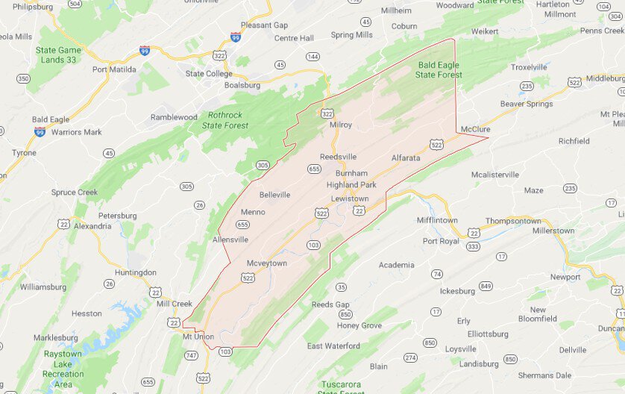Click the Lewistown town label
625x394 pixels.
(350, 198)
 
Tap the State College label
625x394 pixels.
(209, 73)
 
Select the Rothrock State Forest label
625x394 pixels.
(232, 121)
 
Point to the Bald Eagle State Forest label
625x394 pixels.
(439, 70)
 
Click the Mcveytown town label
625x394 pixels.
(266, 263)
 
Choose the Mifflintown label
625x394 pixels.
(436, 220)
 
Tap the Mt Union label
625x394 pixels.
(198, 337)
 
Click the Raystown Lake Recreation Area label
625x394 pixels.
(63, 363)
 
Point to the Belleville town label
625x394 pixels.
(274, 195)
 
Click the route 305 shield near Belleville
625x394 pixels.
(263, 165)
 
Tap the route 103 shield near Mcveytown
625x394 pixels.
(313, 245)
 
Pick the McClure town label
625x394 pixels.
(475, 128)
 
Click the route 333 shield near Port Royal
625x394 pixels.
(473, 246)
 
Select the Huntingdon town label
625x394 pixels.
(136, 272)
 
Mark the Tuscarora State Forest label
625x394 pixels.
(342, 387)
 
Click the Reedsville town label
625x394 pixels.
(338, 157)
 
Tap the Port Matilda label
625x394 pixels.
(114, 69)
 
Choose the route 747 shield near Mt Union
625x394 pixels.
(191, 356)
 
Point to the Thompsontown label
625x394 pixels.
(513, 221)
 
